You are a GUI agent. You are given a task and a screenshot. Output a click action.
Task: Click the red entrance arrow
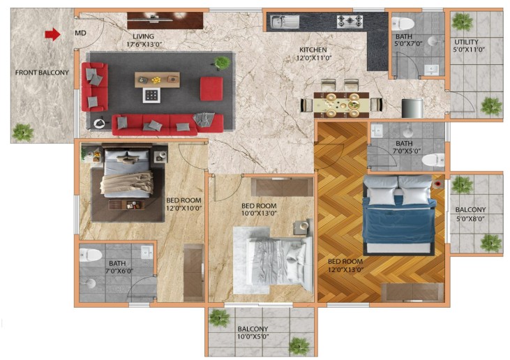pos(52,34)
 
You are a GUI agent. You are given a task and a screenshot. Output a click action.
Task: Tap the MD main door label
pos(80,33)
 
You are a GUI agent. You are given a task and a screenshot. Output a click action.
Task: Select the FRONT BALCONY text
pos(42,73)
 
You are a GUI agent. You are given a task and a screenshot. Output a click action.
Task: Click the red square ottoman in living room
pos(211,89)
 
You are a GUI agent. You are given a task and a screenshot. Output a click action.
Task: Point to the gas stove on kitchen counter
pos(350,21)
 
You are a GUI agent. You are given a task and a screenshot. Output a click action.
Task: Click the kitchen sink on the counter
pos(285,22)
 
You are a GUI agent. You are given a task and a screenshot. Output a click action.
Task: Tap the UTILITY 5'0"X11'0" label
pos(467,46)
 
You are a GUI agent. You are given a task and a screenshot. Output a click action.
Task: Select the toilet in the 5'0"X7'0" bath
pos(403,23)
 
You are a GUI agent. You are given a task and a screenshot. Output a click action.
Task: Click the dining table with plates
pos(342,105)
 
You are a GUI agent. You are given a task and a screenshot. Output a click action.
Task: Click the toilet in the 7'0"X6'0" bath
pos(91,255)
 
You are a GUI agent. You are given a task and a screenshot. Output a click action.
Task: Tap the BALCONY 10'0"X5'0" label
pos(253,333)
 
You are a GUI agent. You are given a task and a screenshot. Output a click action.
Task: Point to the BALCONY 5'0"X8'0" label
pos(470,214)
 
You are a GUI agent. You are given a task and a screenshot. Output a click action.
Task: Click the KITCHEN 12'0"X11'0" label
pos(313,54)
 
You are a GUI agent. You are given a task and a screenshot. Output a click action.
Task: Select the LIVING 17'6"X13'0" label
pos(144,40)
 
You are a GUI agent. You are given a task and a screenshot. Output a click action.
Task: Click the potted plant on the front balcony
pos(23,133)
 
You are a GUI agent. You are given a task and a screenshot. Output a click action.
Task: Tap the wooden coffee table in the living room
pos(157,80)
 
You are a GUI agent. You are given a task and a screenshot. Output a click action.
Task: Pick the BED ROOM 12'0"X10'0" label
pos(184,204)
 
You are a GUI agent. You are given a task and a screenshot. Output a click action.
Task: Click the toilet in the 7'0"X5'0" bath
pos(433,160)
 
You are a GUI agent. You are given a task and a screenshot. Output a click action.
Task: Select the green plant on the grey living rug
pos(223,62)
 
